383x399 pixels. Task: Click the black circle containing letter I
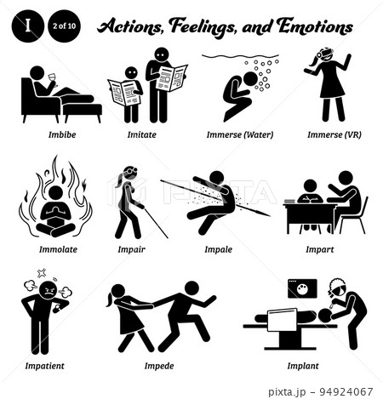coord(28,26)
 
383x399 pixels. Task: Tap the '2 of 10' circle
coord(64,26)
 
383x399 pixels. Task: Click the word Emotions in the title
coord(315,27)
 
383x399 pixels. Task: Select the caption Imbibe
coord(62,134)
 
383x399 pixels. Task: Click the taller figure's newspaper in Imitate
coord(172,77)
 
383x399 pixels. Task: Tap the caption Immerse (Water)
coord(240,134)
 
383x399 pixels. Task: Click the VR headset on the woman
coord(325,53)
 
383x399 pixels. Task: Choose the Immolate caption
coord(58,249)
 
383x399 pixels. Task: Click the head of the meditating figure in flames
coord(55,193)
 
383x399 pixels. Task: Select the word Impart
coord(320,249)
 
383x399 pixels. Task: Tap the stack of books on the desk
coord(289,201)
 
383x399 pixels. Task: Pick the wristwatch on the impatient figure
coord(55,310)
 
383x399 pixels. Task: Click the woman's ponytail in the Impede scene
coord(110,300)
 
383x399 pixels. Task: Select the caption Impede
coord(159,366)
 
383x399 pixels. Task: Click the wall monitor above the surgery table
coord(302,288)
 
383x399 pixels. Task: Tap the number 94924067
coord(346,392)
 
